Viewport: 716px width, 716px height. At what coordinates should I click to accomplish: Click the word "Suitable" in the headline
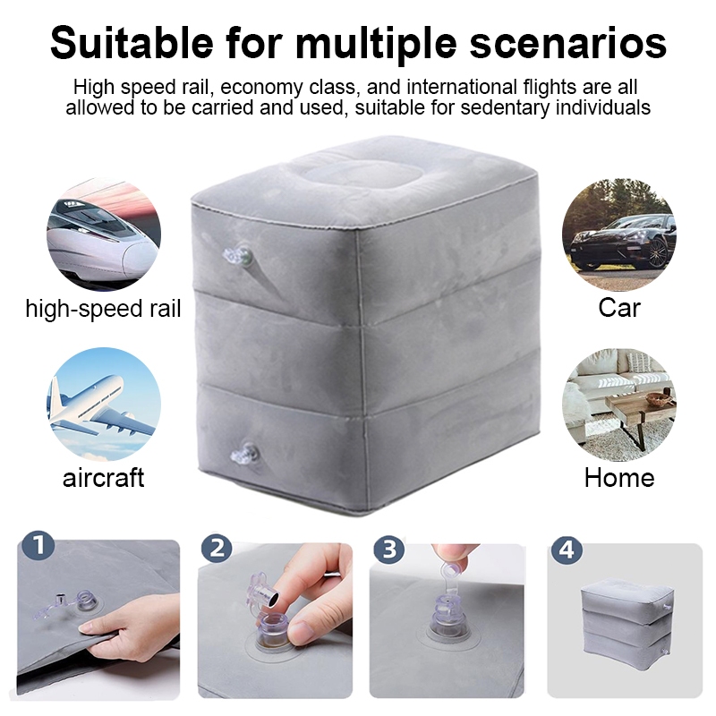(x=132, y=43)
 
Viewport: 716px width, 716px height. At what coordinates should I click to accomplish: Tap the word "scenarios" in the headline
(x=568, y=44)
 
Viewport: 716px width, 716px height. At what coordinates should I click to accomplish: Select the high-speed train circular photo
(x=104, y=234)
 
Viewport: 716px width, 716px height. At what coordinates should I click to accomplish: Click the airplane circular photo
(x=104, y=405)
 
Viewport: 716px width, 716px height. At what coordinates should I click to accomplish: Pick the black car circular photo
(x=619, y=234)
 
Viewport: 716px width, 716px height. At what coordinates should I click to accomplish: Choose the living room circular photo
(x=619, y=405)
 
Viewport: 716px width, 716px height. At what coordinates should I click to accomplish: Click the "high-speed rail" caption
(x=103, y=309)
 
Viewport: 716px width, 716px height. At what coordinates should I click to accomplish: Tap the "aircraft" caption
(x=103, y=478)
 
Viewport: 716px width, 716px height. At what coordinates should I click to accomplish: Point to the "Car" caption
(x=619, y=308)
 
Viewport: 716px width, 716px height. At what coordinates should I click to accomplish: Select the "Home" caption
(x=619, y=478)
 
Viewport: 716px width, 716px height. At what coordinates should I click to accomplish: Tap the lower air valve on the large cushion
(x=244, y=454)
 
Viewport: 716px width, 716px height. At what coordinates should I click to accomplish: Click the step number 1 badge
(x=38, y=545)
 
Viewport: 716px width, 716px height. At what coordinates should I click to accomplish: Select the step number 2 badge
(x=217, y=548)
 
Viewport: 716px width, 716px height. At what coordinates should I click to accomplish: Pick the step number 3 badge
(x=389, y=549)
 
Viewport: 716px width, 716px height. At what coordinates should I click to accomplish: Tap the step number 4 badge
(x=567, y=550)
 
